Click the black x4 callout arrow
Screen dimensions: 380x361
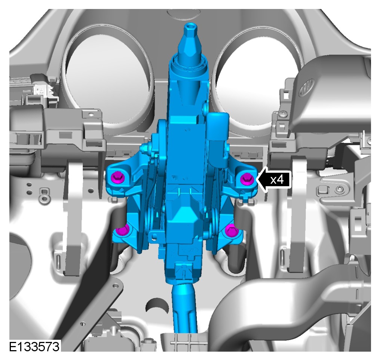(x=274, y=180)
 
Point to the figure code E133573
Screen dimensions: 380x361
(x=34, y=346)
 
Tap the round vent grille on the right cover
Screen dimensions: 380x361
(x=306, y=88)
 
